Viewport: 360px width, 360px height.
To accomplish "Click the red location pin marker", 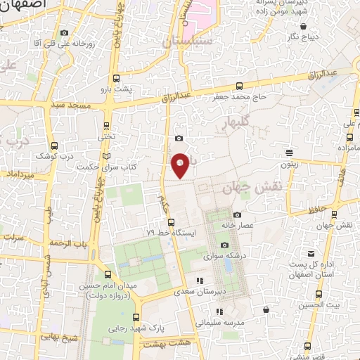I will [181, 165].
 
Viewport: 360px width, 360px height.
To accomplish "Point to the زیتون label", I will [289, 165].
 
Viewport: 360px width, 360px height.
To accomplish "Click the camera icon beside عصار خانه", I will [237, 214].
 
